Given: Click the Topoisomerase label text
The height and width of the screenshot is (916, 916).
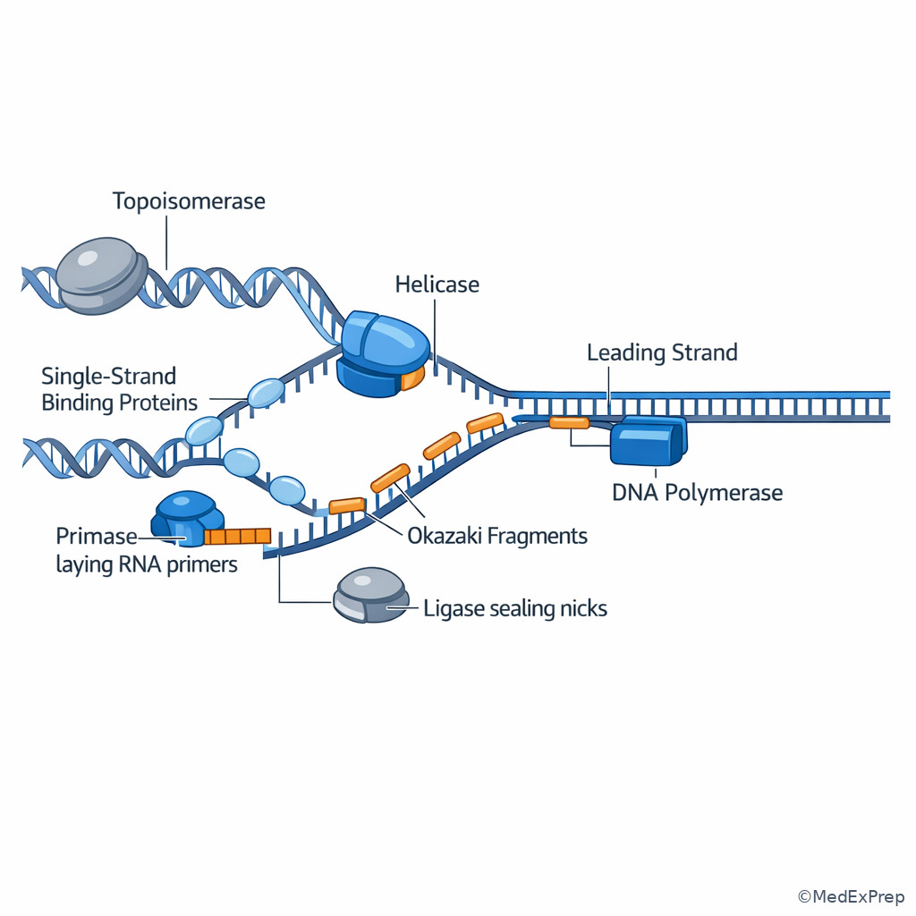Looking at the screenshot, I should tap(189, 200).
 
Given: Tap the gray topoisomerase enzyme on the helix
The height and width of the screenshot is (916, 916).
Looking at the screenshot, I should tap(98, 275).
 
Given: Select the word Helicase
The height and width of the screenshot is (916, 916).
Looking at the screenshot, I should tap(437, 284).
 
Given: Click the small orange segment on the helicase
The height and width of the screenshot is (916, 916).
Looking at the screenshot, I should tap(411, 379).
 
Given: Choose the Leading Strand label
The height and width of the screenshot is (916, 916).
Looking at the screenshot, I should tap(662, 352).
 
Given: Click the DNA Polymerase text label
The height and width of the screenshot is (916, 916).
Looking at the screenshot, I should tap(697, 492).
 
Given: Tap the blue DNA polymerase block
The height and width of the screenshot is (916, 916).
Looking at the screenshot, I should tap(648, 442).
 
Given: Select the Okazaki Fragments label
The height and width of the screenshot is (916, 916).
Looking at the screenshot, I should tap(497, 536).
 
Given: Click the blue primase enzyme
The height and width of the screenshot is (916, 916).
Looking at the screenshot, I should tap(186, 519).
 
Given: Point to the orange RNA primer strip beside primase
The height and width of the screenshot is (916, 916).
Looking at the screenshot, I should tap(237, 536).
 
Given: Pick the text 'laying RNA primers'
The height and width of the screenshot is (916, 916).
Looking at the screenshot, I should tap(147, 564).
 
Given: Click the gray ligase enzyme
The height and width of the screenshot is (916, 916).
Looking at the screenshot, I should tap(370, 595).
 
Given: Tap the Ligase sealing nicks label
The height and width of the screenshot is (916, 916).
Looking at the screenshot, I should tap(515, 609).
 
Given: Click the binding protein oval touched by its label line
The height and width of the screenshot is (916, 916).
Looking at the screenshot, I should tap(266, 393).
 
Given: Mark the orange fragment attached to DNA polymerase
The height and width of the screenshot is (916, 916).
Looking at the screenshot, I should tap(569, 422).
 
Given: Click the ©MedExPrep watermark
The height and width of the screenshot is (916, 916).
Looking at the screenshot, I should tap(851, 896).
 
